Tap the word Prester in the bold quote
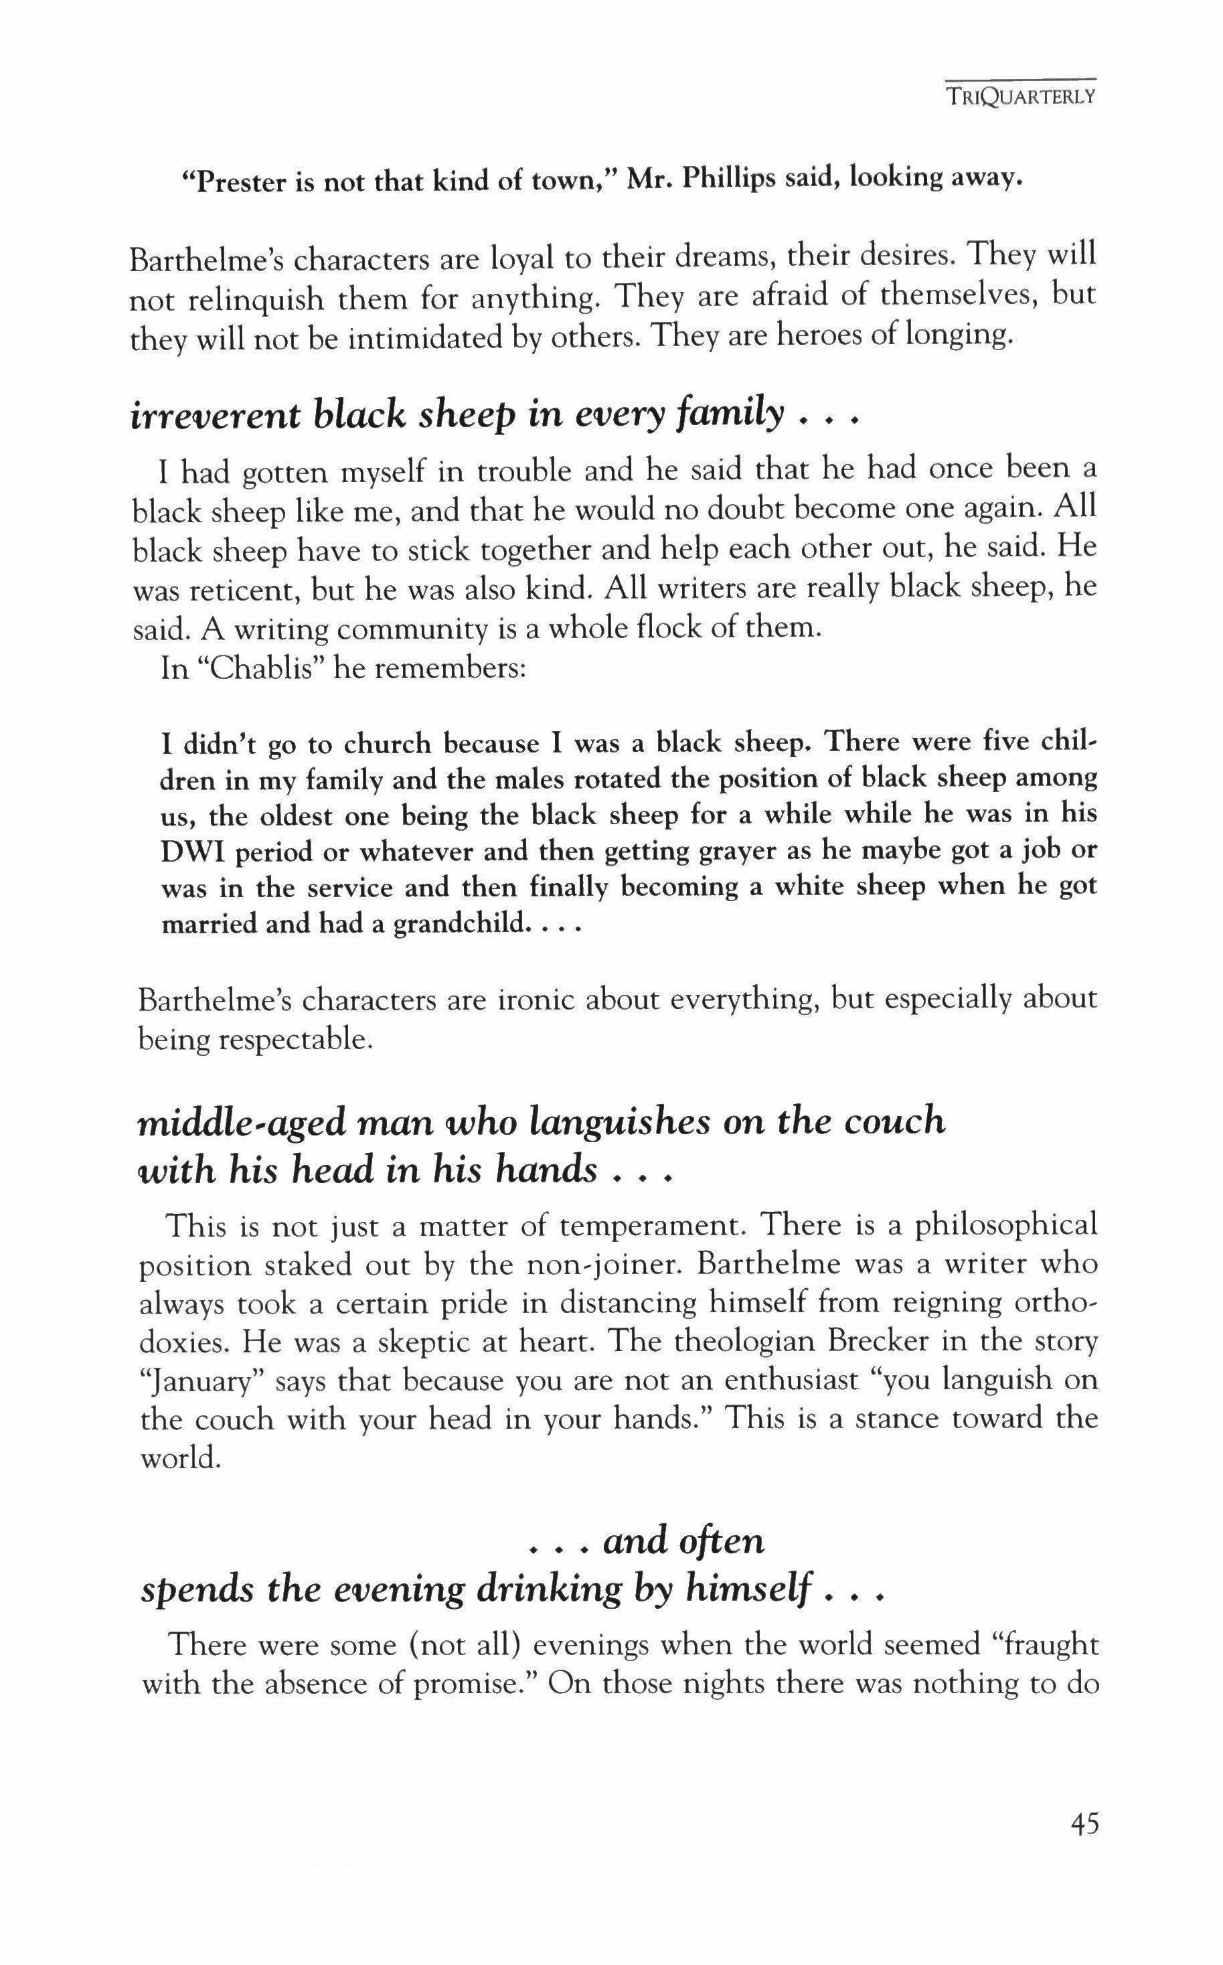pyautogui.click(x=237, y=182)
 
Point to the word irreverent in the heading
pyautogui.click(x=215, y=416)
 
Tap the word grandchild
pyautogui.click(x=457, y=923)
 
